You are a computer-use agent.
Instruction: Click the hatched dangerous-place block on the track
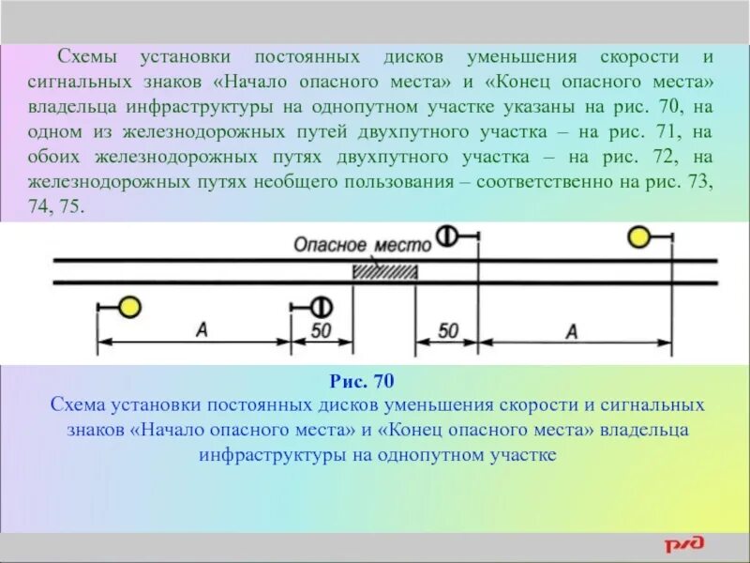pyautogui.click(x=383, y=271)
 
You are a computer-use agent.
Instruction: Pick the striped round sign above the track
pyautogui.click(x=447, y=236)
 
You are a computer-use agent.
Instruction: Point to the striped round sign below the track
pyautogui.click(x=321, y=307)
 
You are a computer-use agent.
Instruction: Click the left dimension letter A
pyautogui.click(x=201, y=328)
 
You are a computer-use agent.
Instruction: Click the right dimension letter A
pyautogui.click(x=571, y=329)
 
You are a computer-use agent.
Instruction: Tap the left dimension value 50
pyautogui.click(x=321, y=330)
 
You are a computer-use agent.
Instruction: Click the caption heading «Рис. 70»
pyautogui.click(x=363, y=381)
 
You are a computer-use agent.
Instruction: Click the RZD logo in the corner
pyautogui.click(x=694, y=544)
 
